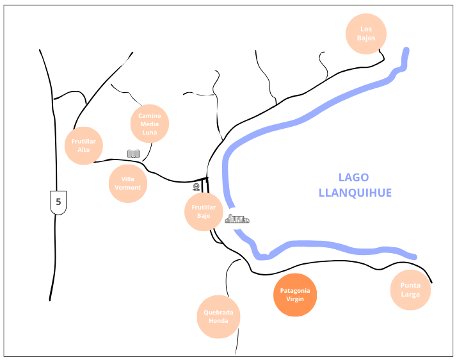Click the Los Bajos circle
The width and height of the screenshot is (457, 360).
(366, 33)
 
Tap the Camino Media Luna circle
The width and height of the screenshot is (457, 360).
(149, 124)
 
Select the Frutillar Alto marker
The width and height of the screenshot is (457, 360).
(84, 145)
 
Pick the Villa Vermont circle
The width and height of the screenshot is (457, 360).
(128, 183)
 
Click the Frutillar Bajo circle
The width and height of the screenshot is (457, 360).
(204, 212)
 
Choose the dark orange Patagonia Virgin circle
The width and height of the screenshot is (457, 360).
(295, 295)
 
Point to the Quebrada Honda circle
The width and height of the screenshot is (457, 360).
(218, 316)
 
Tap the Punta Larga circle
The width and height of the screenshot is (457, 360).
(410, 290)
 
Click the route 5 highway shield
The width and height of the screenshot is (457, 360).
(58, 202)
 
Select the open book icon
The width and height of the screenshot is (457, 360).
(133, 154)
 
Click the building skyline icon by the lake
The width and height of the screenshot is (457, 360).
(237, 219)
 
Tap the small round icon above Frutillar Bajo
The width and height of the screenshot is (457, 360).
(196, 187)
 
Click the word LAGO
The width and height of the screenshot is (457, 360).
(354, 178)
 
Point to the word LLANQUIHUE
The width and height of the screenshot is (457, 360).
(354, 192)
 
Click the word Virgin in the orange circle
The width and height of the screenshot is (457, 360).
(295, 299)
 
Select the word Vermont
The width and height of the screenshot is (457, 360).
(128, 188)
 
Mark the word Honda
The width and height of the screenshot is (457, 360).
(218, 321)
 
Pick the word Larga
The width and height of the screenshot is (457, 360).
(410, 295)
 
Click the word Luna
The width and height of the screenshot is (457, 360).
(149, 132)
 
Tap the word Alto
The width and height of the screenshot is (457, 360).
(84, 150)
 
